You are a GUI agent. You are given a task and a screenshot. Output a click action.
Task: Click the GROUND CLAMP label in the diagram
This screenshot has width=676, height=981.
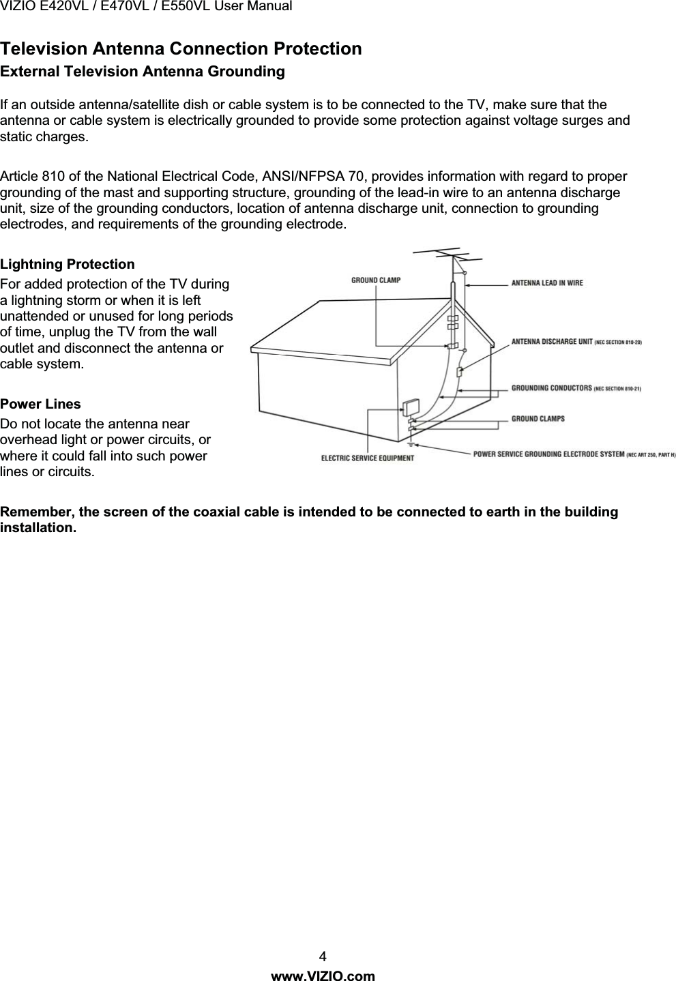tap(376, 280)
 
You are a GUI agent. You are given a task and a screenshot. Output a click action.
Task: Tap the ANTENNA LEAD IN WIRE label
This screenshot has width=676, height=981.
tap(547, 283)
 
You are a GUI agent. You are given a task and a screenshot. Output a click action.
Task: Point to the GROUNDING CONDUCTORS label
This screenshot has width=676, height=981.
tap(552, 388)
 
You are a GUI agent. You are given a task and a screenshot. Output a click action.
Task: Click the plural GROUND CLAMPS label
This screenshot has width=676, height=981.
tap(538, 418)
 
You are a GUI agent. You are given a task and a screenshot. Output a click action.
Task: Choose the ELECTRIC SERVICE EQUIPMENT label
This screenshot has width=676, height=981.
tap(367, 458)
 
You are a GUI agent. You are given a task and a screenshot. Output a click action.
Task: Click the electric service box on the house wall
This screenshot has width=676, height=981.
tap(411, 407)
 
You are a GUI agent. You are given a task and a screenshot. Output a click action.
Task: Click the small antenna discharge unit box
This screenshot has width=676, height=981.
tap(459, 372)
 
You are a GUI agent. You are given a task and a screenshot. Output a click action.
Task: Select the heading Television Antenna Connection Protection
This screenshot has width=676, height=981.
tap(181, 49)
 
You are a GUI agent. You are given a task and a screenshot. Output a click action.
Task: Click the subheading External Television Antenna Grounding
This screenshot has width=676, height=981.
tap(143, 72)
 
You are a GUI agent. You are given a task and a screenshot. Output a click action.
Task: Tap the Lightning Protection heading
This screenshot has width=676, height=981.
tap(68, 264)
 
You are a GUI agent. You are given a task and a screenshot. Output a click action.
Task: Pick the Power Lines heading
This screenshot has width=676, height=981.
tap(40, 405)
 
